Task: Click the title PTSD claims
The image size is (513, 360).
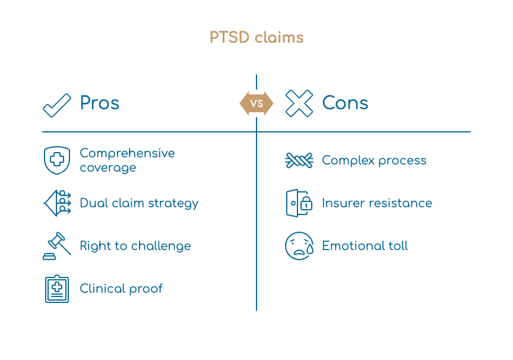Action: click(256, 37)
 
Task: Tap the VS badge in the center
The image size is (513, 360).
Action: click(256, 103)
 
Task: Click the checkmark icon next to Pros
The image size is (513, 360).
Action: click(57, 105)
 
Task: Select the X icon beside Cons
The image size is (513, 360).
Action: click(299, 103)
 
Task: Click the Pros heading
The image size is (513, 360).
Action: click(100, 103)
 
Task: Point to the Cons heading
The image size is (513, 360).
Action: click(345, 103)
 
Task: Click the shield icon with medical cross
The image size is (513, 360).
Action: click(57, 160)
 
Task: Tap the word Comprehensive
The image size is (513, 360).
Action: click(127, 153)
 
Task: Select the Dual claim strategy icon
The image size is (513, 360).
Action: click(57, 203)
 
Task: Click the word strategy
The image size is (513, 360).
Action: click(173, 204)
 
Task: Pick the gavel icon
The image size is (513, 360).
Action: click(57, 246)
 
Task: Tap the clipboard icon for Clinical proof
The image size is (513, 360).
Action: click(57, 289)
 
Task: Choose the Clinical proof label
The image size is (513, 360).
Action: click(121, 289)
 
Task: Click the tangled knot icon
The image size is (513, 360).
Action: click(299, 160)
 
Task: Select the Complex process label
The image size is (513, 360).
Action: click(374, 160)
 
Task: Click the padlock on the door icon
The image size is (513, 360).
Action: click(306, 204)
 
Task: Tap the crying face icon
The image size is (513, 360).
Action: click(299, 246)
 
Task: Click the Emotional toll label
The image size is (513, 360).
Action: click(365, 246)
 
